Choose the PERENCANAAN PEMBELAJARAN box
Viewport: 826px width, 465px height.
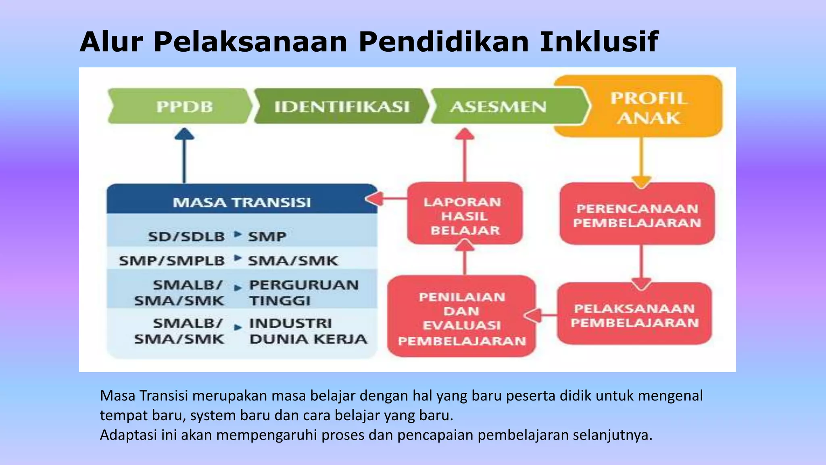[x=637, y=215]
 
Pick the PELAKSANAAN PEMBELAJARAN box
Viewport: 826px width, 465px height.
[x=634, y=315]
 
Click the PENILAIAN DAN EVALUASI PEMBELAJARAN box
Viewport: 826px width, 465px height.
[x=462, y=318]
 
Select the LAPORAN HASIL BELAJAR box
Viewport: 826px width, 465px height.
[x=465, y=216]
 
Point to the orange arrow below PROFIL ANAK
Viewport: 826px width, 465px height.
[x=641, y=161]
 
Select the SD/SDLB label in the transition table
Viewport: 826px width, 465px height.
[x=186, y=236]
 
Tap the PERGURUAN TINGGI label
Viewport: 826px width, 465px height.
[x=303, y=292]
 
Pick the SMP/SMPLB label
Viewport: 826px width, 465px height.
[x=172, y=260]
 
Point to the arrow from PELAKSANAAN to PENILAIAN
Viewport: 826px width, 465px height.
[x=540, y=315]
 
